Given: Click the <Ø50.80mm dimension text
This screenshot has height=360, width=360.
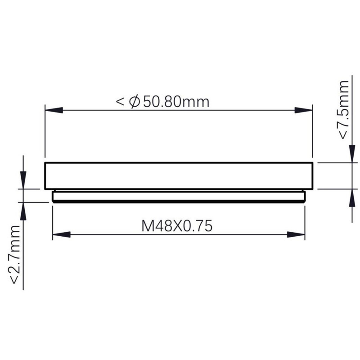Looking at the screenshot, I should (163, 102).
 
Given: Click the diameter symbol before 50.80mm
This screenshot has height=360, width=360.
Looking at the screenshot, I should (134, 102).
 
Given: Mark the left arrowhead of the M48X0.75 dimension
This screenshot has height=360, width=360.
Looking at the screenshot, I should (62, 234).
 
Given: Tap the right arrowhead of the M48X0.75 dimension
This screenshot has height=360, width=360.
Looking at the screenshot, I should (296, 234).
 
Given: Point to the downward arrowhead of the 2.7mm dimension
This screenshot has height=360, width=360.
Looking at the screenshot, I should (23, 179).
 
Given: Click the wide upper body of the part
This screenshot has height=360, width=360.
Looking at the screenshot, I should (178, 175).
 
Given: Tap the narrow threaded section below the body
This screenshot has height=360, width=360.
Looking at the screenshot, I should (178, 197).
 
